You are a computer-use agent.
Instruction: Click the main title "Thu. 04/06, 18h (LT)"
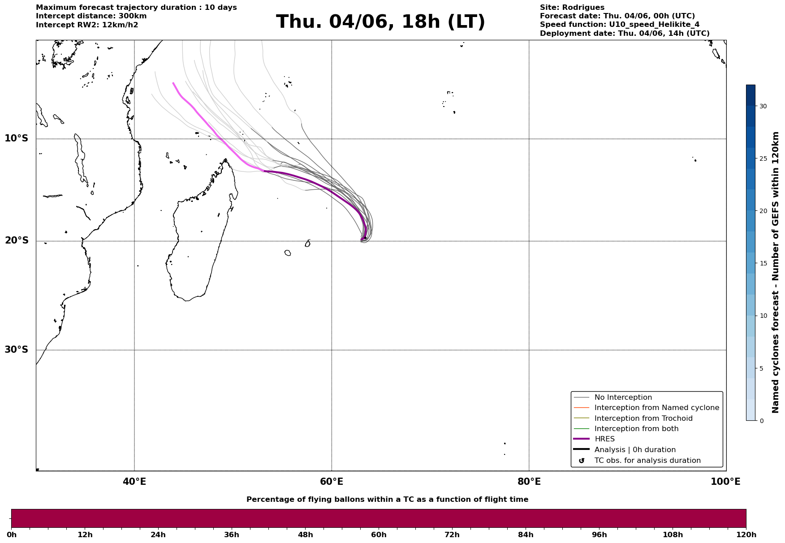(x=380, y=22)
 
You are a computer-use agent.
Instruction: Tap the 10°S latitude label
(x=17, y=138)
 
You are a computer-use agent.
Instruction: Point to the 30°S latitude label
(x=17, y=350)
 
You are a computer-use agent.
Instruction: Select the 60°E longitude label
(x=332, y=482)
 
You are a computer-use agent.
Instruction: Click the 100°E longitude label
(x=725, y=482)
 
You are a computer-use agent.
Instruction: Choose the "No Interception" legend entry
(x=623, y=398)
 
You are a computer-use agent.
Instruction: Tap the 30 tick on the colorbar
(x=763, y=106)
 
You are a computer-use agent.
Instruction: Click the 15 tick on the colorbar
(x=763, y=263)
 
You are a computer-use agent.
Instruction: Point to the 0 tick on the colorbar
(x=761, y=421)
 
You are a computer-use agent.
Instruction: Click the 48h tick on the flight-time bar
(x=306, y=534)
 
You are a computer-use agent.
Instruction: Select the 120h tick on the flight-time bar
(x=746, y=534)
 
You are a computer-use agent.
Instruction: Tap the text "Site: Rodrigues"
(x=572, y=8)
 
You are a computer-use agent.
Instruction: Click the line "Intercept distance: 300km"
(x=91, y=16)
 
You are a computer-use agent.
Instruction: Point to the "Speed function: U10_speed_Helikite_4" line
(x=620, y=25)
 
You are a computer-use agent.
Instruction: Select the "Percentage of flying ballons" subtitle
(x=387, y=500)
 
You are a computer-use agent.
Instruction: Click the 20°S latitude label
(x=17, y=241)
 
